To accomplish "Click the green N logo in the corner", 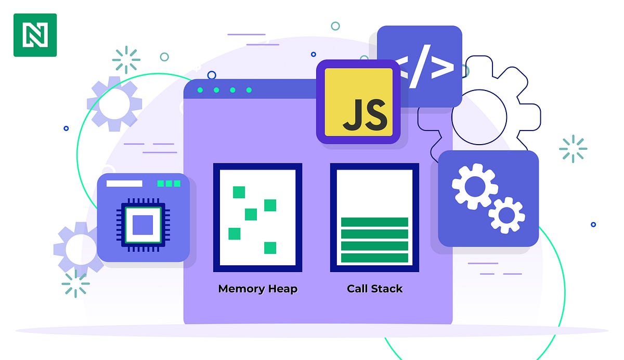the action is tap(35, 35).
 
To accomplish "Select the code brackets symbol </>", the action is tap(419, 66).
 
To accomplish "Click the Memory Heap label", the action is tap(257, 289).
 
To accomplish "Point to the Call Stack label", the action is tap(374, 289).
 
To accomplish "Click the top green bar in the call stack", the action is tap(374, 222).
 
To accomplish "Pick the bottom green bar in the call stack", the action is tap(374, 258).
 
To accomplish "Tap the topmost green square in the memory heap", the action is tap(239, 192).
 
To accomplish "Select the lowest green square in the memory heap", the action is tap(270, 248).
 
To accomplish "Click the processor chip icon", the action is tap(142, 225).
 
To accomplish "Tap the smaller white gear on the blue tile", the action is tap(506, 214).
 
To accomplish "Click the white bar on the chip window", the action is tap(124, 184).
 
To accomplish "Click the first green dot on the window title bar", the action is tap(200, 90).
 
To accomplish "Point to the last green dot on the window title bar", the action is tap(249, 90).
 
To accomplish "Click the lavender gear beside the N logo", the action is tap(114, 104).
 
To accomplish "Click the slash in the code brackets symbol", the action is tap(419, 66).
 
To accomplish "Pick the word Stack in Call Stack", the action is tap(386, 289).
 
